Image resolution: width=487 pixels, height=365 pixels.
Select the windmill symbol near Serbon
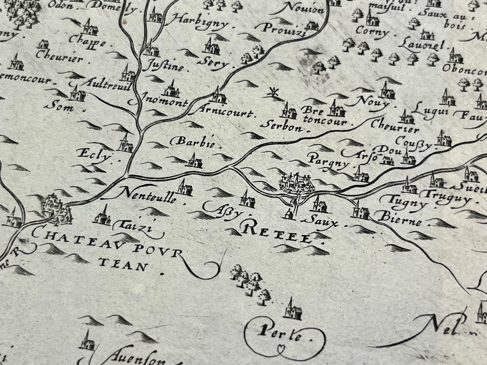click(x=273, y=92)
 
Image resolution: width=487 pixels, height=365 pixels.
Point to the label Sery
click(x=215, y=62)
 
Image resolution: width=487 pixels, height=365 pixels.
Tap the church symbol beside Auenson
click(x=87, y=343)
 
